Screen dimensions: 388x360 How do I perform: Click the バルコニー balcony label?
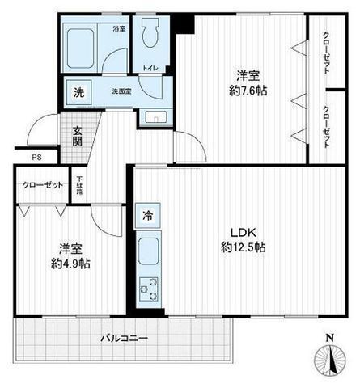[x=123, y=339]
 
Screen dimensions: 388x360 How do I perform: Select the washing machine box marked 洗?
[x=78, y=91]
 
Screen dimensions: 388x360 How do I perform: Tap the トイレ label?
[x=150, y=69]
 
